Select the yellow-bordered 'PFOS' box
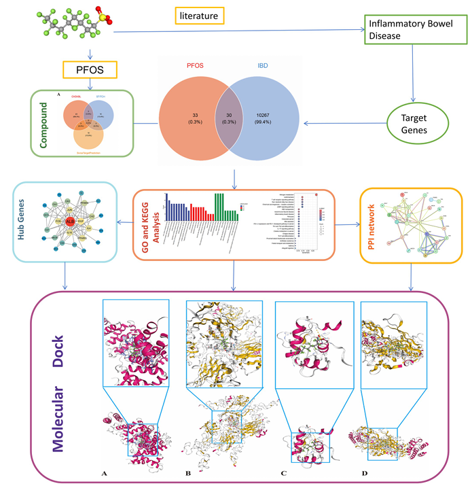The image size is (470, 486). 90,69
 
